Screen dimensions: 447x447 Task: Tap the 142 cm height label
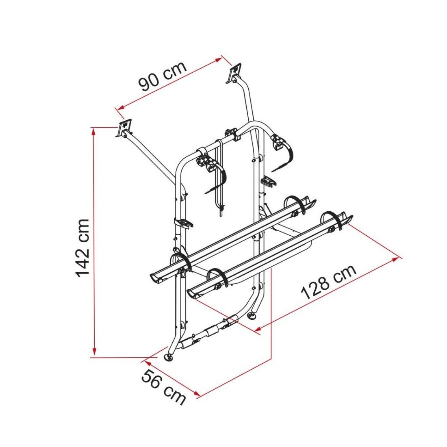(83, 248)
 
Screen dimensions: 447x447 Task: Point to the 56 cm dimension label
(163, 386)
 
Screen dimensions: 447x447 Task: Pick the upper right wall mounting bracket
(234, 74)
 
